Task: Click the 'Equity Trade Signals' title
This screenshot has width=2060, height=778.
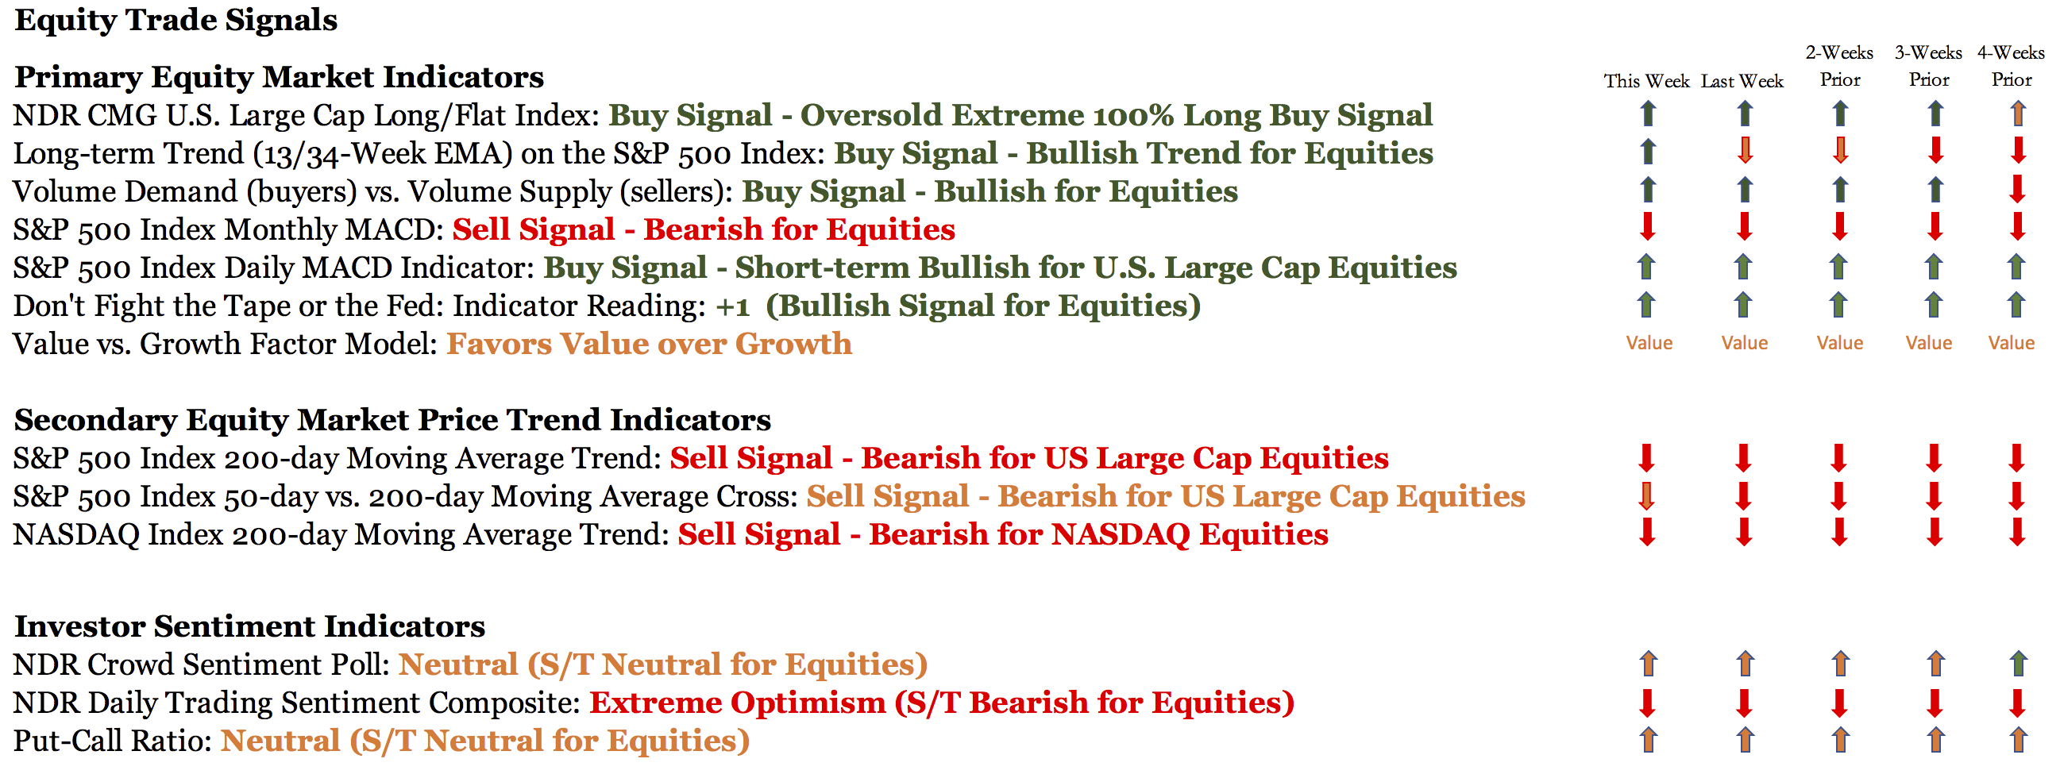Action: point(176,21)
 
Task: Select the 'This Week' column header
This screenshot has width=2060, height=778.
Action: point(1646,81)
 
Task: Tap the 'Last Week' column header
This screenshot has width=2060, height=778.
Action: point(1742,81)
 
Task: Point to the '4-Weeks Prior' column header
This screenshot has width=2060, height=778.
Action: point(2012,66)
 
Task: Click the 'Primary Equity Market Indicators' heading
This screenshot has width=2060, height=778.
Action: point(279,78)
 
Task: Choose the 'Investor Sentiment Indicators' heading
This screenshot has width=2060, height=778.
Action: point(249,626)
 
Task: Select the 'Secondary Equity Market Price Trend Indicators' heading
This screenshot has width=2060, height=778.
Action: point(392,421)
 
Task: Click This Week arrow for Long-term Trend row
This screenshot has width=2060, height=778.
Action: point(1647,152)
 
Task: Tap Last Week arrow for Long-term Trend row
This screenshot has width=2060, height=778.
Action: point(1745,150)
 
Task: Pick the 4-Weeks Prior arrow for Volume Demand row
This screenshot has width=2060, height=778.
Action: point(2018,189)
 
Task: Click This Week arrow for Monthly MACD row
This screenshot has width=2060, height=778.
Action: point(1647,226)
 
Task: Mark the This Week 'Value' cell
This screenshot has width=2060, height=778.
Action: point(1649,343)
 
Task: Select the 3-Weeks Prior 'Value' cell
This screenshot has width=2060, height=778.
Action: point(1929,343)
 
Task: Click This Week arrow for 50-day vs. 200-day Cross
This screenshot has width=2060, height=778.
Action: point(1645,496)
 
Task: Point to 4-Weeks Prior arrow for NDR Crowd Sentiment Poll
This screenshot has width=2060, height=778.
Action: point(2019,664)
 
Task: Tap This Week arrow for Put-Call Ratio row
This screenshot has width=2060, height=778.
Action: point(1648,740)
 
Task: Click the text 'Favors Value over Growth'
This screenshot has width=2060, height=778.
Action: point(650,344)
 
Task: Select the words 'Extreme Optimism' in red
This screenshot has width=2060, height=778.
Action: point(737,703)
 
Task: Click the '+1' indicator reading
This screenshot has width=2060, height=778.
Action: point(732,306)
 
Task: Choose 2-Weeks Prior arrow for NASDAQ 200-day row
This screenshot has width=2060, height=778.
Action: point(1839,532)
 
